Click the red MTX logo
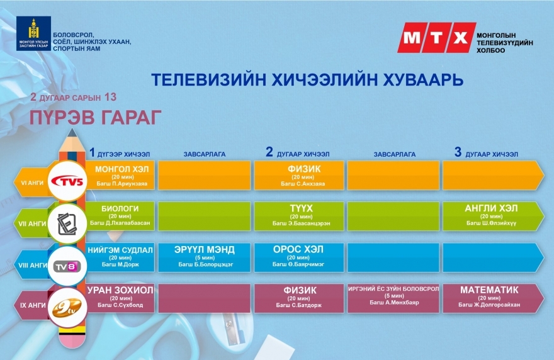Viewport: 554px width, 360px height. coord(437,38)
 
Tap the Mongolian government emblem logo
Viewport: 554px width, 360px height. coord(33,33)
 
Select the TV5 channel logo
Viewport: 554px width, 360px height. coord(67,181)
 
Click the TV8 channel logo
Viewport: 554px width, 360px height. coord(67,266)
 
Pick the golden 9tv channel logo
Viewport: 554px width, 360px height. coord(67,308)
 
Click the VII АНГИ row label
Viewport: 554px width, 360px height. coord(32,223)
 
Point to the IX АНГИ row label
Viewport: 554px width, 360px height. coord(33,305)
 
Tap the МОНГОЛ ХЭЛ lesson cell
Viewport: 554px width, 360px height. coord(120,176)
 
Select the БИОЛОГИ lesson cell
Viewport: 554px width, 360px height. coord(120,216)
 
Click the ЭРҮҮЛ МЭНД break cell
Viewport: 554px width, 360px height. coord(204,257)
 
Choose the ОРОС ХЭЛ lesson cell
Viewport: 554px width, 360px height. coord(299,257)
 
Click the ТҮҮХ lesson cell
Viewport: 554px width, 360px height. coord(299,216)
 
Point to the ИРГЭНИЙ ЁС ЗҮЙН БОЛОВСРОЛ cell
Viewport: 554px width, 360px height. coord(393,298)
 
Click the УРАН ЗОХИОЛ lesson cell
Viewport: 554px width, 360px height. coord(120,298)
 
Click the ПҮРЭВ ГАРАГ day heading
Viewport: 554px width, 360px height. coord(96,117)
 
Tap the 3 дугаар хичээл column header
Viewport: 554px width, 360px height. coord(486,152)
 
